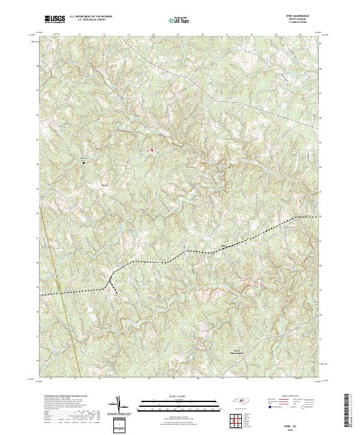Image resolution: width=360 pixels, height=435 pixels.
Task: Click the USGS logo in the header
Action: pyautogui.click(x=55, y=19)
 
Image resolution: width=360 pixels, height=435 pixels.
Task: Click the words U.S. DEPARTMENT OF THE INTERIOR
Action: pyautogui.click(x=89, y=17)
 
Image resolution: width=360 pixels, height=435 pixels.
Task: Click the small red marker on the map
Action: pyautogui.click(x=152, y=149)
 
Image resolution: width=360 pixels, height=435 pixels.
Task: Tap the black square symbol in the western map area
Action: pyautogui.click(x=83, y=162)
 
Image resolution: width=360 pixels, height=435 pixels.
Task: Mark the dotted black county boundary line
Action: pyautogui.click(x=180, y=257)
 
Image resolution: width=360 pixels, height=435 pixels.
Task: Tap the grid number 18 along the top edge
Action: pyautogui.click(x=153, y=35)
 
